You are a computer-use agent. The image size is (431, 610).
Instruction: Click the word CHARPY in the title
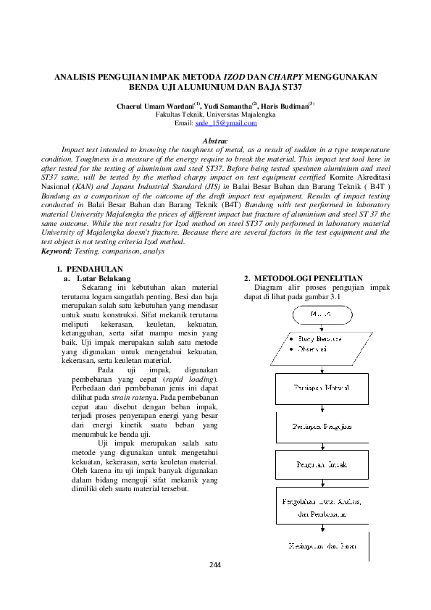point(285,76)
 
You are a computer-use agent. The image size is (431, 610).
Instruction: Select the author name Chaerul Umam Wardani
point(152,106)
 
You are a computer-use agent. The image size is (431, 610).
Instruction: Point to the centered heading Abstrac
point(215,140)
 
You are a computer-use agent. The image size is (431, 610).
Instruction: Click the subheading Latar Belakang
point(104,278)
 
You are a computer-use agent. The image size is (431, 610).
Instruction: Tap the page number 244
point(215,565)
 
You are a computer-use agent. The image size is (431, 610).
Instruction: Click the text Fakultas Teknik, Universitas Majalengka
point(215,115)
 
